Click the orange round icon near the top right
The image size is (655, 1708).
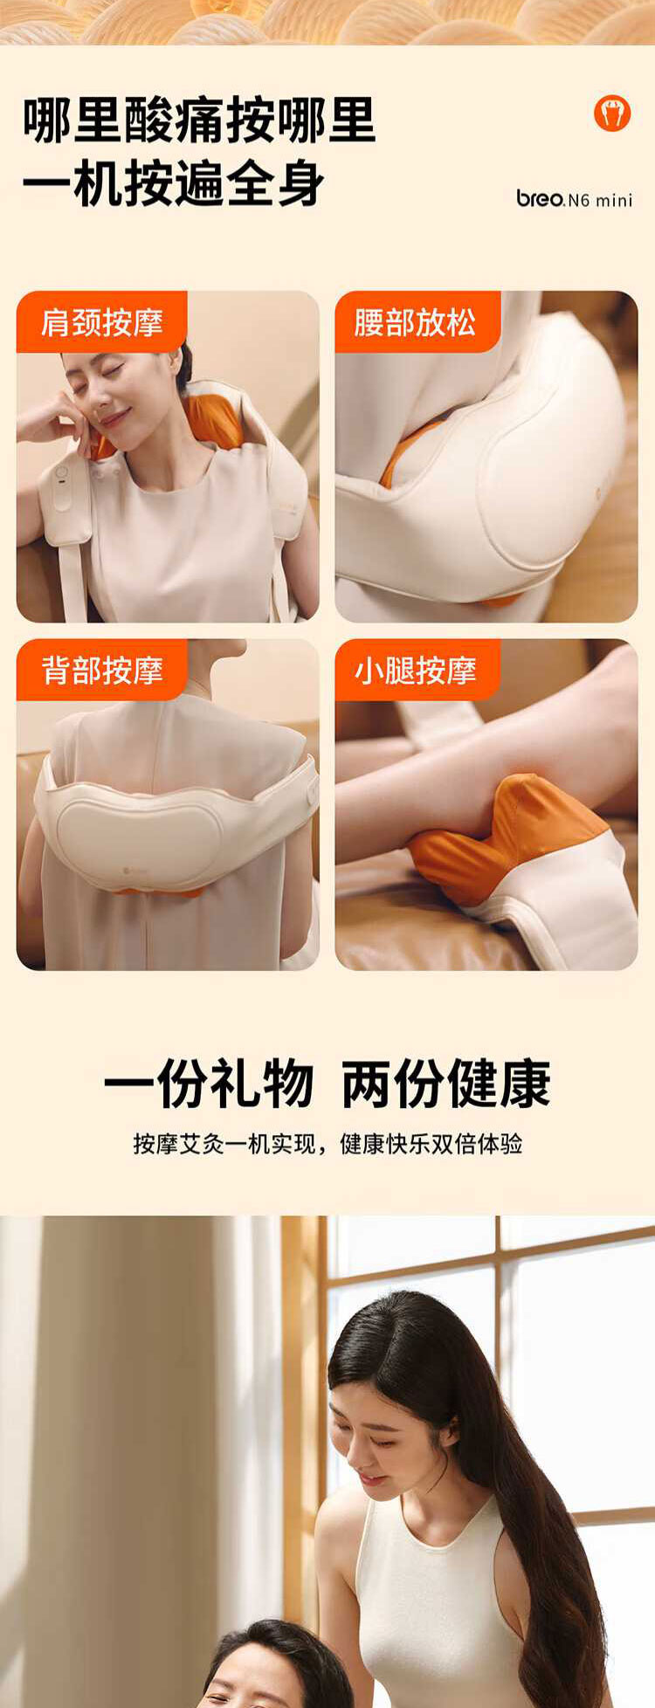(x=612, y=114)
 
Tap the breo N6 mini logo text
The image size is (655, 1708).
(x=574, y=199)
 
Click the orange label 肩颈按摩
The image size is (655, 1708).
(x=102, y=322)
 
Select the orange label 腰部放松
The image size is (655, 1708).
(x=417, y=322)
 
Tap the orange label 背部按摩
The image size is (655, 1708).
(x=102, y=670)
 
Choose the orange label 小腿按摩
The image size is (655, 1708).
(x=417, y=670)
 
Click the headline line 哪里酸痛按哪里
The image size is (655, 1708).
(x=199, y=121)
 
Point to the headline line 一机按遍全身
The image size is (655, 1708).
(x=174, y=183)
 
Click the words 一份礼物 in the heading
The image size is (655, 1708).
(x=209, y=1084)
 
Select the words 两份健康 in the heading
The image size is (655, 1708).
(x=446, y=1084)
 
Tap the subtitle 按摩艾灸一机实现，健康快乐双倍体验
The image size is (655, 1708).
(x=327, y=1143)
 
